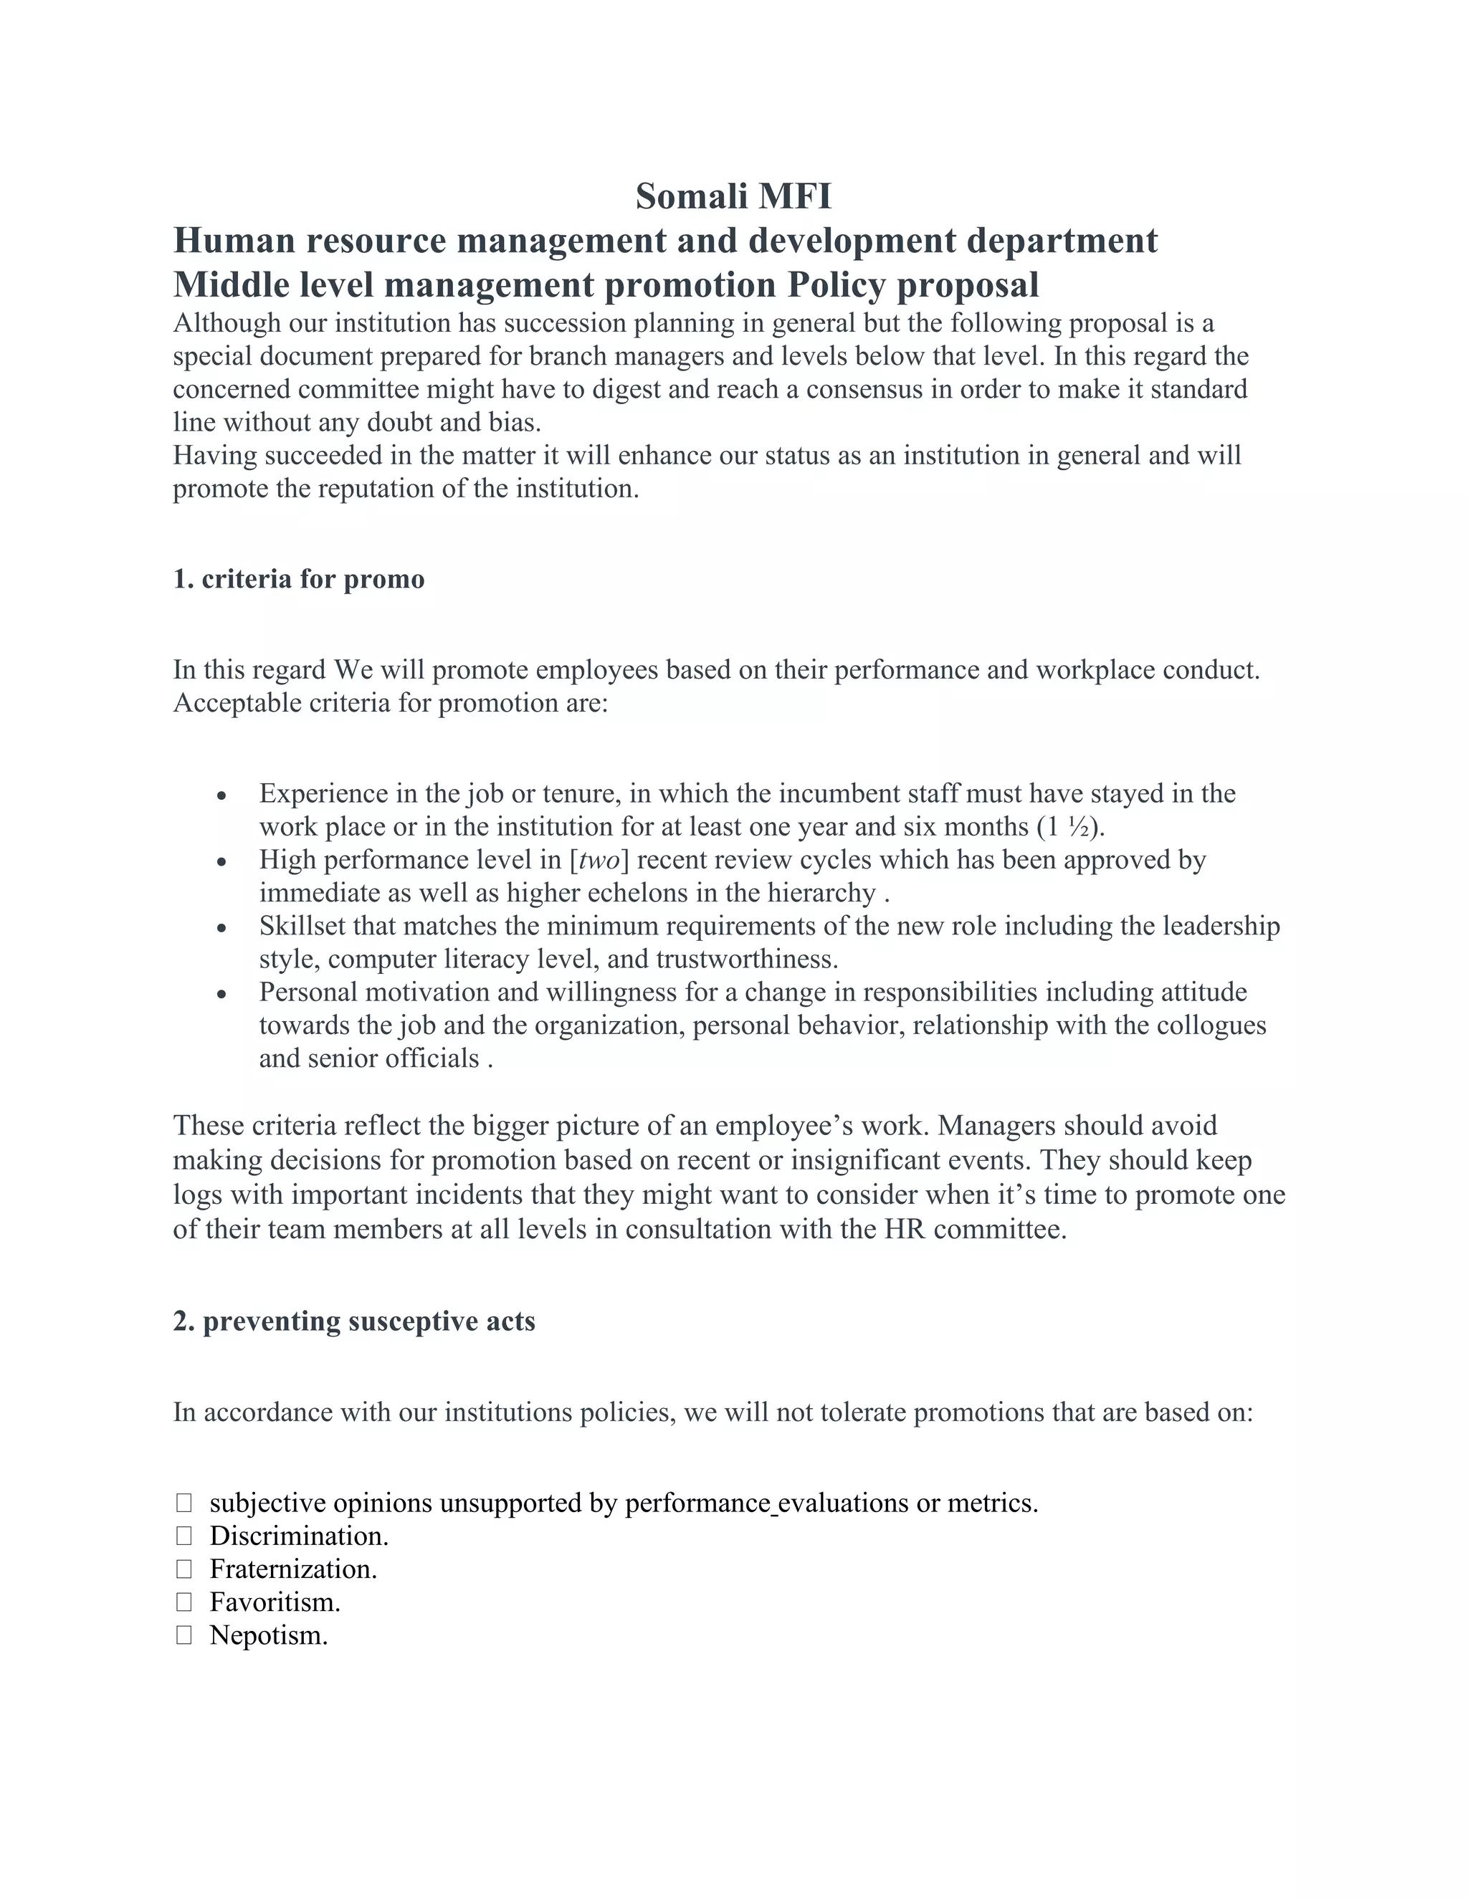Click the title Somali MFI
pyautogui.click(x=733, y=197)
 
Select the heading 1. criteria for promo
pyautogui.click(x=298, y=579)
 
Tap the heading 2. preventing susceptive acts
pyautogui.click(x=354, y=1321)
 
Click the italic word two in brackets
pyautogui.click(x=599, y=860)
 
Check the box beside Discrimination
pyautogui.click(x=183, y=1536)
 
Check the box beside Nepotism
pyautogui.click(x=183, y=1635)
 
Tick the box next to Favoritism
pyautogui.click(x=183, y=1602)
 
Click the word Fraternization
pyautogui.click(x=293, y=1569)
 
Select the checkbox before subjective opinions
pyautogui.click(x=183, y=1503)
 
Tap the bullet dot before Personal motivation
pyautogui.click(x=223, y=995)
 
